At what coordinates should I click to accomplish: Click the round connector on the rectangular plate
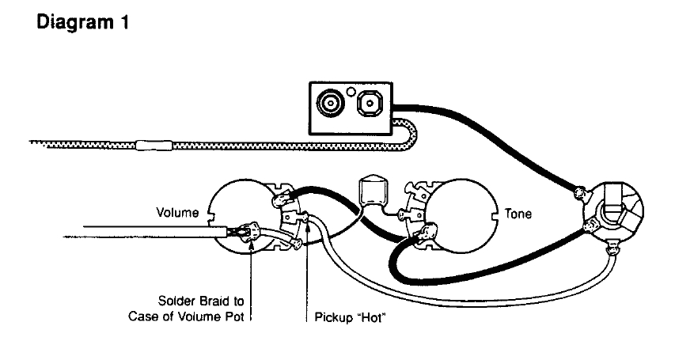[x=328, y=104]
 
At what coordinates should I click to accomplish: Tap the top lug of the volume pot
[x=281, y=199]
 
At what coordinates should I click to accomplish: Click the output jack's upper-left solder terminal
[x=582, y=192]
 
